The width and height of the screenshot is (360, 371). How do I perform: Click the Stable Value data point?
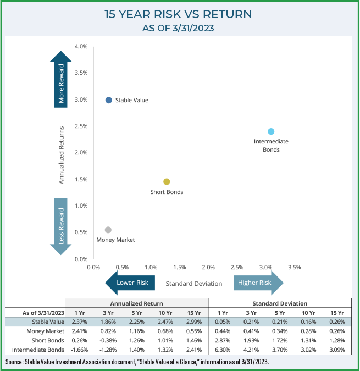coord(109,100)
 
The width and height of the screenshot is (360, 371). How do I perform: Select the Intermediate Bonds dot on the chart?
coord(271,131)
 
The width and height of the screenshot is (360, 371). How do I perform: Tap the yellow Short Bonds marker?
coord(167,181)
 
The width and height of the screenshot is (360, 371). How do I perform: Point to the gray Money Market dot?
coord(108,230)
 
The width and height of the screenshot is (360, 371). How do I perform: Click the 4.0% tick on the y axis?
coord(81,47)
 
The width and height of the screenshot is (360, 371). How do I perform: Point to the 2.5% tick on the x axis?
coord(237,267)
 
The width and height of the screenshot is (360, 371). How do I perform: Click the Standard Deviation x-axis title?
coord(194,284)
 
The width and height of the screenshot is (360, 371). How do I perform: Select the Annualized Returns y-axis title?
coord(62,155)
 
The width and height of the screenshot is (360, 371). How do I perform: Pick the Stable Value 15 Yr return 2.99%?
coord(193,322)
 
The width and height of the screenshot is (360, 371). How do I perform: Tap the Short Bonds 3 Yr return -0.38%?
coord(107,340)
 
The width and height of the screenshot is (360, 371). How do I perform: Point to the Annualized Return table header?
coord(136,303)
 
